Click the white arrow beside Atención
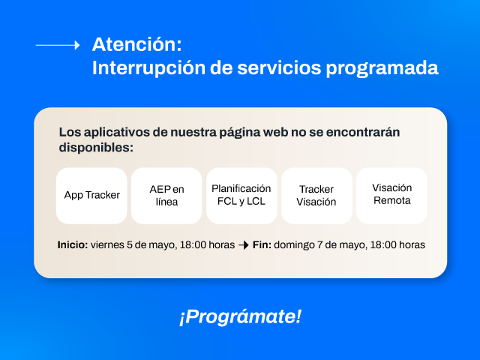pos(58,45)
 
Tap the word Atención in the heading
pos(136,44)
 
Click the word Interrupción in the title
pos(148,67)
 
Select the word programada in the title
pos(382,68)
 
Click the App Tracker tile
pos(91,195)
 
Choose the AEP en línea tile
pos(166,195)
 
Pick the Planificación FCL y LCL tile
pos(241,195)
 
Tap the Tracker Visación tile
pos(316,195)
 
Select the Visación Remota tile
pos(391,195)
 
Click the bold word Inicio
pos(73,245)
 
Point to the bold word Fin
pos(262,245)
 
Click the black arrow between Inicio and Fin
pos(244,245)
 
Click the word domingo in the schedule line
pos(294,245)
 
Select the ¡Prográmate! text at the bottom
pos(240,316)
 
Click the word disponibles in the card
pos(96,148)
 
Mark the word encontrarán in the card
pos(363,132)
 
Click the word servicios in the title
pos(279,67)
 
